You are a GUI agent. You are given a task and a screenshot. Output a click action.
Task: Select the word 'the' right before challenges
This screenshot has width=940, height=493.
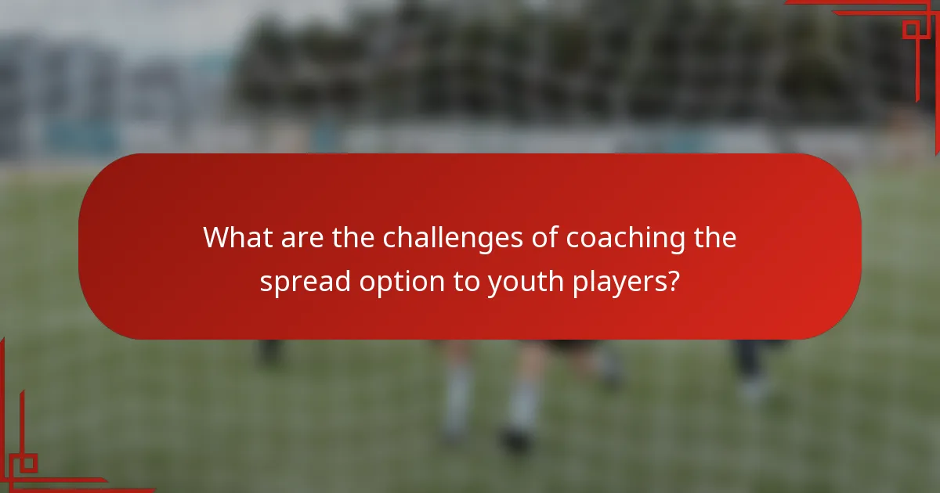[353, 237]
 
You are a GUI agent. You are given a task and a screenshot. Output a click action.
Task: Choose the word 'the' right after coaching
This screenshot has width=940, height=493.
[714, 237]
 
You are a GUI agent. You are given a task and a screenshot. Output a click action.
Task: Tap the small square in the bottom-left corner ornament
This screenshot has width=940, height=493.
[28, 463]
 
